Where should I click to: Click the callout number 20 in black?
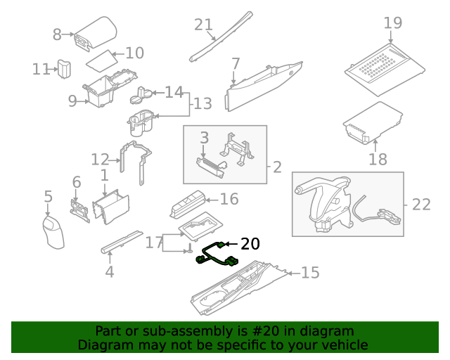pos(250,244)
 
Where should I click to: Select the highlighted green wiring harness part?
pos(217,255)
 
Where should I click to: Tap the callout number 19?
pos(393,22)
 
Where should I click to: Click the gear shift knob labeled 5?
pos(53,231)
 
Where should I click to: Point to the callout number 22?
pos(420,205)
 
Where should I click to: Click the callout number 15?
pos(310,272)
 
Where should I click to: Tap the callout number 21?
pos(203,25)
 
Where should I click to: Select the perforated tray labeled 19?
pos(383,67)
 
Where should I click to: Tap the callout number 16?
pos(229,200)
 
